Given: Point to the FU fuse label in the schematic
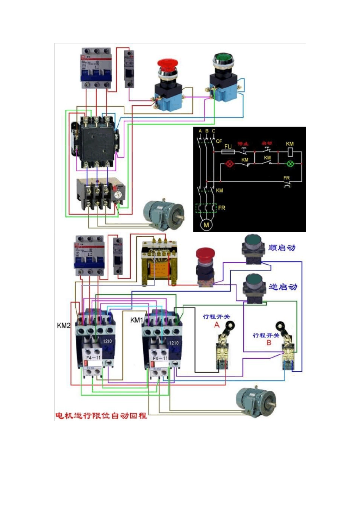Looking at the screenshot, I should (x=228, y=147).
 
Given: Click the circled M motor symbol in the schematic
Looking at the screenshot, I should (x=207, y=225).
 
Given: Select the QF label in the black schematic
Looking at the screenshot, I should (x=219, y=141).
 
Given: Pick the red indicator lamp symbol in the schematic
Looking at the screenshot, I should (x=229, y=164).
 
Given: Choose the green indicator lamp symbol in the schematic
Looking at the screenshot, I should (x=290, y=164).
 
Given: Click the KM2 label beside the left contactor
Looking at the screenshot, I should (x=64, y=325).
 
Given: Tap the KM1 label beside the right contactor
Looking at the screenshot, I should (x=136, y=320).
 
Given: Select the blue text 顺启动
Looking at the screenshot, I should (x=282, y=248).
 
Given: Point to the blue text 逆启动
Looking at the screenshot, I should (x=283, y=287).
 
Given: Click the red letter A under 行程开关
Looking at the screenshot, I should (x=217, y=325).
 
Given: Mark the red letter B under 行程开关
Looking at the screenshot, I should (x=269, y=343).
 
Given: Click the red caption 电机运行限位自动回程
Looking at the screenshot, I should (x=101, y=415).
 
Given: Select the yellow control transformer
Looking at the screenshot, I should (x=159, y=263).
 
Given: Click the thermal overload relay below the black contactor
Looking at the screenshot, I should (x=100, y=194).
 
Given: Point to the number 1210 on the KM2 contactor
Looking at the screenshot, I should (x=108, y=341).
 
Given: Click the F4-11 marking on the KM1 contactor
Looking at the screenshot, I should (x=160, y=358).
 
